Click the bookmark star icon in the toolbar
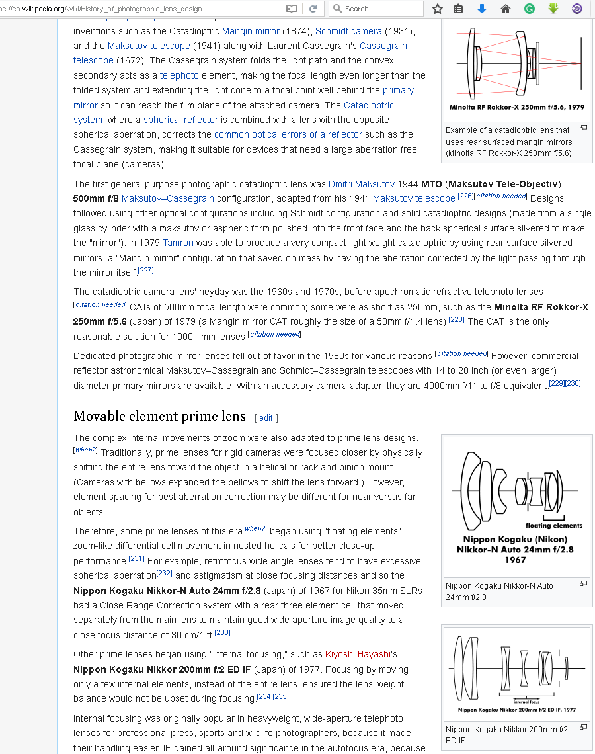(437, 9)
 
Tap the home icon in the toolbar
(506, 9)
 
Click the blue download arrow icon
(482, 9)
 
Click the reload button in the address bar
(313, 9)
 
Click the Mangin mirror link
(251, 31)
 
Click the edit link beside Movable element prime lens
(266, 417)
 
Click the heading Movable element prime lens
(159, 417)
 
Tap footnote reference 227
(145, 270)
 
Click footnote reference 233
(222, 633)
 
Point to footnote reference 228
(456, 319)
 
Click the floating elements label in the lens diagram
(554, 526)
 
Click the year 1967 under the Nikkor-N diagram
(515, 560)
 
